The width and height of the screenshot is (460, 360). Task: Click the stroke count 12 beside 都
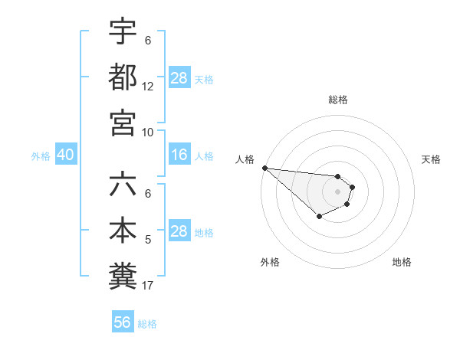click(148, 87)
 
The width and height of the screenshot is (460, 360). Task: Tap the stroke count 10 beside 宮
click(148, 132)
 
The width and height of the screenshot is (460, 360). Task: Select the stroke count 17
click(148, 286)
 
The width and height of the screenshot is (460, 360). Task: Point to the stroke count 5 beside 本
click(148, 241)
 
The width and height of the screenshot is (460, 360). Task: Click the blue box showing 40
click(65, 155)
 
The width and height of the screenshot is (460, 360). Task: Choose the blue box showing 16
click(179, 155)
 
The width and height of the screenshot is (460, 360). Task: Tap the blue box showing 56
click(123, 322)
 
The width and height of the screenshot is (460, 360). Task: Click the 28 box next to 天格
click(179, 78)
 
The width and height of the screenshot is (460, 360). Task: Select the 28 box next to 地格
click(179, 231)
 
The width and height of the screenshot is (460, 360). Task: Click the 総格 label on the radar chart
click(338, 100)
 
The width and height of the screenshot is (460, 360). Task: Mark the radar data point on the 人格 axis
click(264, 168)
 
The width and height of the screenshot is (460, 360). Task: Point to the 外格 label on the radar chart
click(270, 262)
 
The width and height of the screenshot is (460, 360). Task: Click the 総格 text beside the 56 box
click(147, 324)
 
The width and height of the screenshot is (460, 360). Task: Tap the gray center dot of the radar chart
click(337, 191)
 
